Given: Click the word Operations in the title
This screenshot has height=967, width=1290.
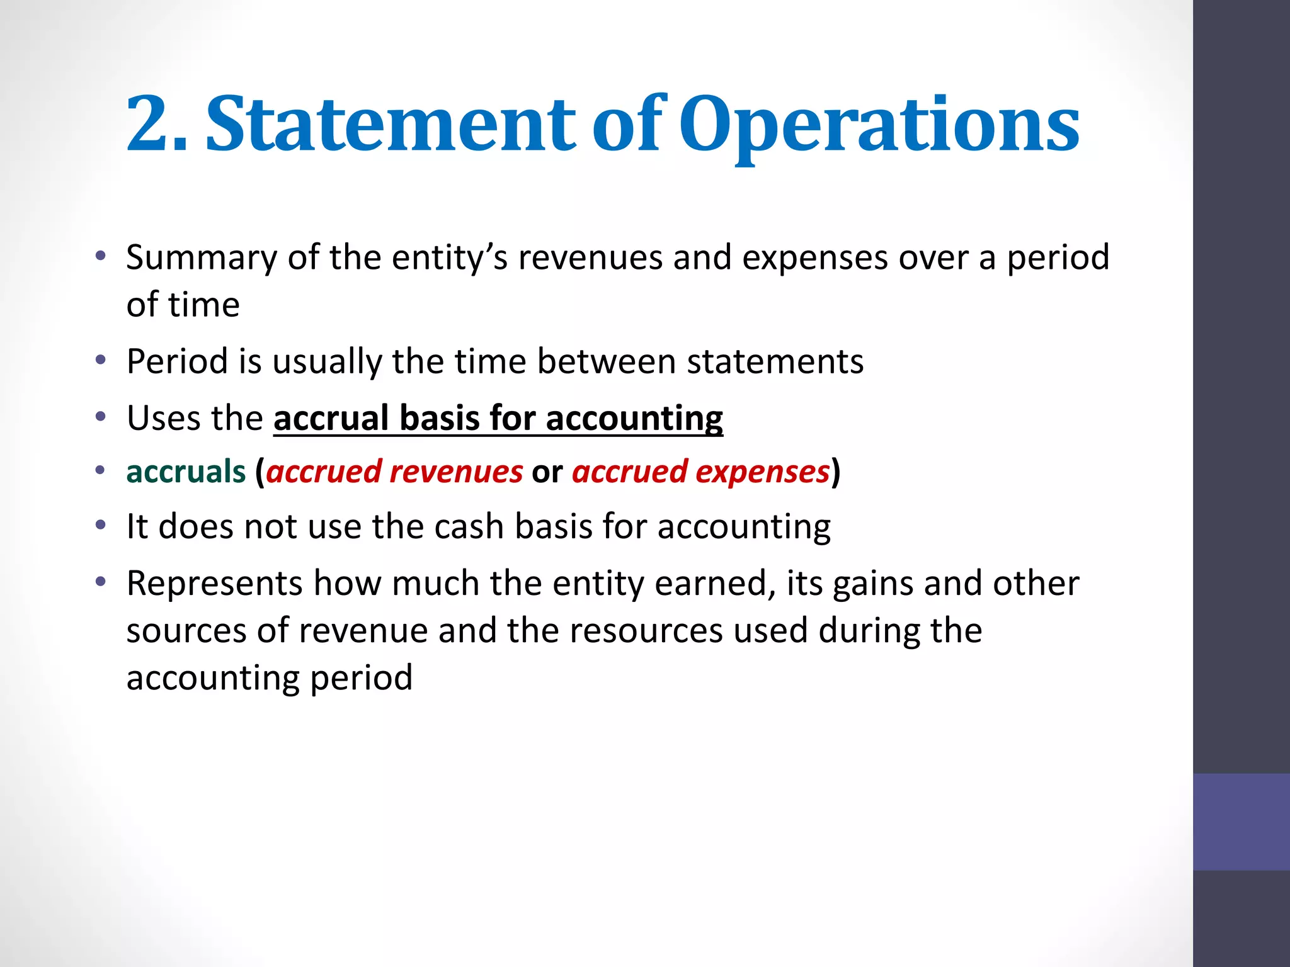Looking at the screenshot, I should click(879, 125).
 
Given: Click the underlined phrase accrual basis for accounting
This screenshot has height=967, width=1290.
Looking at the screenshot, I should click(498, 418).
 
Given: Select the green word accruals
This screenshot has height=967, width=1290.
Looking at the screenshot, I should click(186, 472).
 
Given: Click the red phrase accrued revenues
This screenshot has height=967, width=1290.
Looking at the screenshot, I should click(394, 472).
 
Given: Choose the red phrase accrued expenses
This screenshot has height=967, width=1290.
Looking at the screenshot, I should click(700, 472).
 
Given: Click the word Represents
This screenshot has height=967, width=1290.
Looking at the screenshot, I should click(215, 584).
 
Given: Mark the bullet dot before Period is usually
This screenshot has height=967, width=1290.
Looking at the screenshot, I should click(100, 361).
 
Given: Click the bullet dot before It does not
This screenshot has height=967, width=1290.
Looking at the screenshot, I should click(100, 525).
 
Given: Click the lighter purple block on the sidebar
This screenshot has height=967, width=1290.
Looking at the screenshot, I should click(1241, 822).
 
